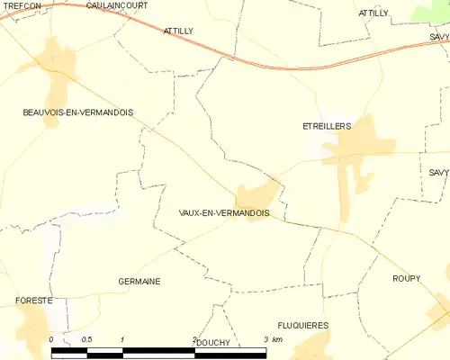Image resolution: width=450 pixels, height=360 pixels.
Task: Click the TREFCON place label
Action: tap(21, 5)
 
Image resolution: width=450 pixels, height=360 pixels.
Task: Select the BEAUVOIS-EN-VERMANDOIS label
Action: tap(78, 112)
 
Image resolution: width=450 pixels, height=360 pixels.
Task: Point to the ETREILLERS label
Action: tap(327, 127)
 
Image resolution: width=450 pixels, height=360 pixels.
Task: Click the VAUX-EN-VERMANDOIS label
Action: tap(224, 213)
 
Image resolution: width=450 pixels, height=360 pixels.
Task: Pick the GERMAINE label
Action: tap(139, 282)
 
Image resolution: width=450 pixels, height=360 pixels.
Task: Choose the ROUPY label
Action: tap(406, 279)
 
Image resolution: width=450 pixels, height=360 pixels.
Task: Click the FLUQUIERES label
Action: tap(303, 325)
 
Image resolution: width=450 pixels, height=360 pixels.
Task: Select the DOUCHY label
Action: tap(213, 343)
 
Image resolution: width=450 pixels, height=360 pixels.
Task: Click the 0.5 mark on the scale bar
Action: tap(86, 339)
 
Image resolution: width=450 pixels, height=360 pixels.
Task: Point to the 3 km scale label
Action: tap(272, 339)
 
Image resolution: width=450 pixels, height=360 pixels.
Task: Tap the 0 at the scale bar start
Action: tap(51, 339)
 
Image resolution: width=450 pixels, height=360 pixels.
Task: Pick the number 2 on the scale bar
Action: tap(193, 339)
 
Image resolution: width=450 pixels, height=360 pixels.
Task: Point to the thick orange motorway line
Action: tap(270, 66)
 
